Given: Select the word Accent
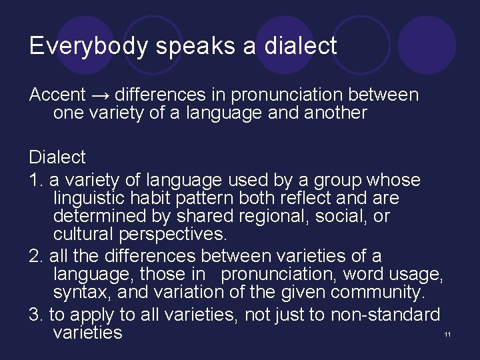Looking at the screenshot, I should [57, 95].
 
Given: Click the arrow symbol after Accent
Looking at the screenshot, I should [101, 95].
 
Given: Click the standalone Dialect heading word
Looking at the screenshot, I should [57, 157].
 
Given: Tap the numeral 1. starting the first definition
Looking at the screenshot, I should [35, 181].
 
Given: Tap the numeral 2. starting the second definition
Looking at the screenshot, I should [35, 256].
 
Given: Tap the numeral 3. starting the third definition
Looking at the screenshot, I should [35, 314].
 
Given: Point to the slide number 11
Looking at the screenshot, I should [447, 334].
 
